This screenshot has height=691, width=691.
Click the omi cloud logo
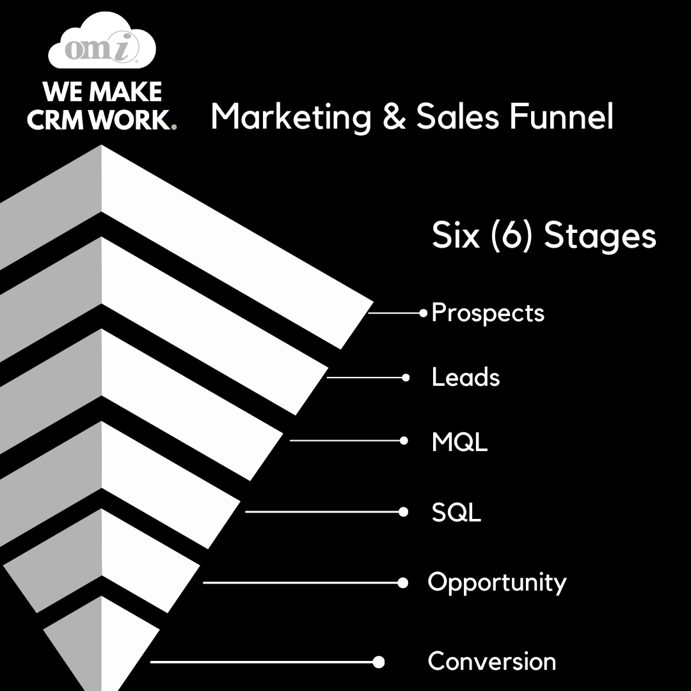pos(102,40)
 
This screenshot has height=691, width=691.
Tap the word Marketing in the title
pos(291,117)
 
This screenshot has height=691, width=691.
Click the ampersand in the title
pos(394,116)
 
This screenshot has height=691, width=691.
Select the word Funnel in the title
pos(561,116)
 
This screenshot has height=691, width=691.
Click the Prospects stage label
pos(488,313)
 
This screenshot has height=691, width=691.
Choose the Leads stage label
pos(466,377)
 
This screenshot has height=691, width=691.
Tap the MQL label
pos(459,441)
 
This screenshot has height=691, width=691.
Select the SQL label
pos(456,512)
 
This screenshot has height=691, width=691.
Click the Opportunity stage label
pos(497,583)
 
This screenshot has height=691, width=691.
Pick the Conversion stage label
pos(492,661)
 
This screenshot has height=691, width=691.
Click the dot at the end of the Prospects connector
pos(424,314)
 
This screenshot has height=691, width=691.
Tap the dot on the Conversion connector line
pos(379,662)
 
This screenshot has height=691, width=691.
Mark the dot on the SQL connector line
pos(403,512)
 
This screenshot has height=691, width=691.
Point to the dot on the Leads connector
pos(406,377)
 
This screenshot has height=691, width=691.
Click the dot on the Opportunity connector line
pos(403,583)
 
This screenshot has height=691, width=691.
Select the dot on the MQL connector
pos(404,441)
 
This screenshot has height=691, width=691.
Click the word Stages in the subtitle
pos(600,235)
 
